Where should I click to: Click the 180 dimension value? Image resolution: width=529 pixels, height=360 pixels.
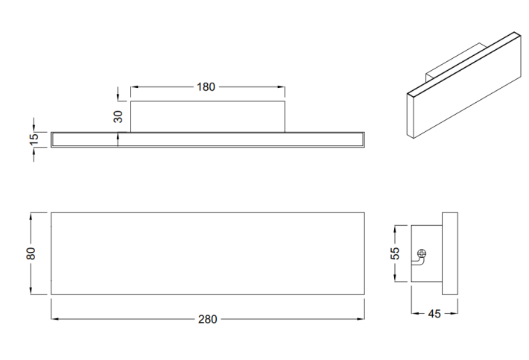click(x=206, y=87)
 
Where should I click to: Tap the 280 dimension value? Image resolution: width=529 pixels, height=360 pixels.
click(x=207, y=319)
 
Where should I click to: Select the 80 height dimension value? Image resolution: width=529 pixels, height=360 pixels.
click(x=31, y=253)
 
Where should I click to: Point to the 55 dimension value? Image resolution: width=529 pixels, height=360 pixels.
click(x=395, y=253)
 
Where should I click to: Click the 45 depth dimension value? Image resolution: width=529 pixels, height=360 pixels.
click(x=434, y=314)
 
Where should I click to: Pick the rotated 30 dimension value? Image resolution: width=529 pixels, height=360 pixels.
click(x=118, y=117)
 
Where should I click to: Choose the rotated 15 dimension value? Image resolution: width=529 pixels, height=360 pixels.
click(x=34, y=139)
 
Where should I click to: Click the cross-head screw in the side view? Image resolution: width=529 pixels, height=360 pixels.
click(x=422, y=253)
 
